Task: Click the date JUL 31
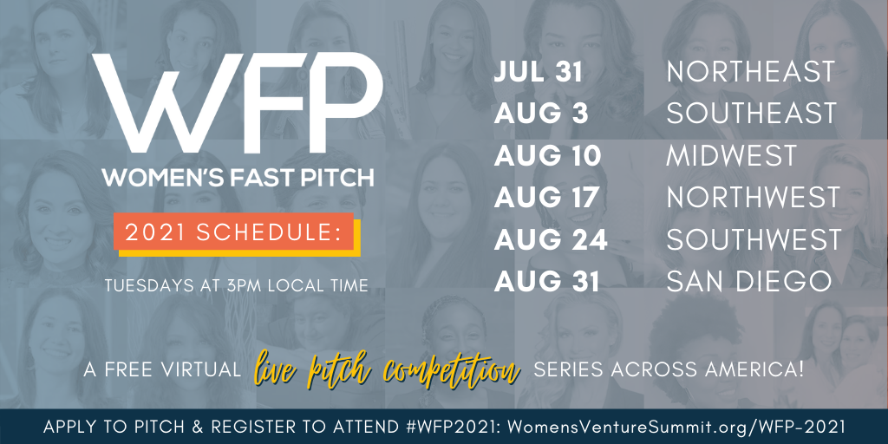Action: (538, 73)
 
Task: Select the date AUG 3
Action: (541, 114)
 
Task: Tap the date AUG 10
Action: (547, 156)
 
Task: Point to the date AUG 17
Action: (546, 198)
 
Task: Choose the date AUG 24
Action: (551, 239)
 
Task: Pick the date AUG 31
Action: (546, 282)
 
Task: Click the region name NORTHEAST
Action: (750, 73)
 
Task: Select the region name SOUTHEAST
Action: (752, 114)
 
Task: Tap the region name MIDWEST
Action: (732, 156)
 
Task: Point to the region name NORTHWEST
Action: (754, 198)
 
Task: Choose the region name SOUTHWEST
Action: (754, 239)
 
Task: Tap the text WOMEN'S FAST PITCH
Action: (238, 177)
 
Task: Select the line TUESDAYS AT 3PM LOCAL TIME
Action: (236, 285)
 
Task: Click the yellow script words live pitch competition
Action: (388, 369)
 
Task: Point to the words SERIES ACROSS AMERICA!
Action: (669, 369)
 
